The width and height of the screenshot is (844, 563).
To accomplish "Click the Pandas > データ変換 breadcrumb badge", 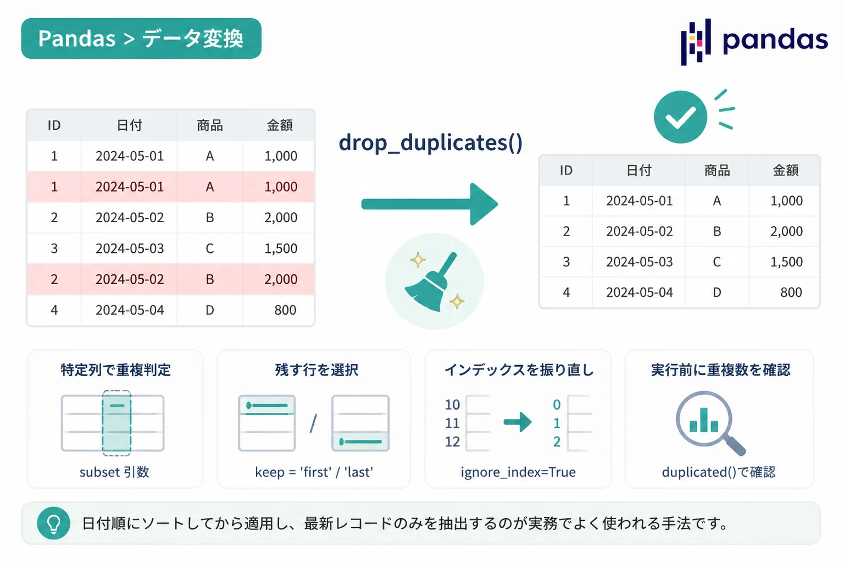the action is [141, 38].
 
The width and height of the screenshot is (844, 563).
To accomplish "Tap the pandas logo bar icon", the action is [696, 41].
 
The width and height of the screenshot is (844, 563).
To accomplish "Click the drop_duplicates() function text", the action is [431, 143].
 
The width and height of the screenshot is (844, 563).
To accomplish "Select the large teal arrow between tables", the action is [430, 204].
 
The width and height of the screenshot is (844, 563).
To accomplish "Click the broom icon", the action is [434, 281].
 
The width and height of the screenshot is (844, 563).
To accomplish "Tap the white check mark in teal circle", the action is [680, 117].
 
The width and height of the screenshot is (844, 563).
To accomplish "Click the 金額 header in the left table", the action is [280, 125].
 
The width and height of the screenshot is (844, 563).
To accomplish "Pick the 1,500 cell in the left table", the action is [281, 249].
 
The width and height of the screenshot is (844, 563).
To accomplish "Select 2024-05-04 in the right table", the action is [640, 292].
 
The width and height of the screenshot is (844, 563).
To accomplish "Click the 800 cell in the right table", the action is [791, 292].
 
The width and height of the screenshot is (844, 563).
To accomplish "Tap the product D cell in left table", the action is [210, 310].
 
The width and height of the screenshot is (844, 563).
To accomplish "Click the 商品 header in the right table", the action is [717, 170].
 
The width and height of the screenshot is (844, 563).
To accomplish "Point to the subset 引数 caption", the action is [114, 472].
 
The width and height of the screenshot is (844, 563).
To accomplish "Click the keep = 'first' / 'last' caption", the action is [314, 472].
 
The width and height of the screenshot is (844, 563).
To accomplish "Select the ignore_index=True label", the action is [518, 472].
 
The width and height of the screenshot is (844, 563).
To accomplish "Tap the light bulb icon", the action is [53, 523].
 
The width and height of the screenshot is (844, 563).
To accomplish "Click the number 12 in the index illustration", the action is [452, 441].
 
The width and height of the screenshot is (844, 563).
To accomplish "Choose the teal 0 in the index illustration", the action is [557, 405].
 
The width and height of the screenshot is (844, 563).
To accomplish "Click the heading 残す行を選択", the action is [316, 370].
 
